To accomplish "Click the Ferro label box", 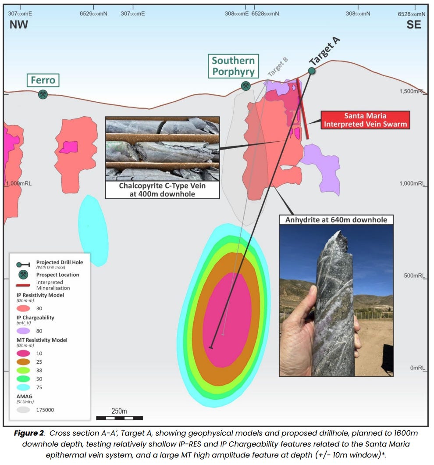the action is coord(43,80).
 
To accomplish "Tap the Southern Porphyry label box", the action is coord(233,66).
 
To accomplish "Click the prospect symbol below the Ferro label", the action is coord(43,94).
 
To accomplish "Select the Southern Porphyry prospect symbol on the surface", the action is coord(246,86).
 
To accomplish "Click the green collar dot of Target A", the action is coord(312,71).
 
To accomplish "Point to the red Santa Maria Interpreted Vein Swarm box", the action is coord(365,120).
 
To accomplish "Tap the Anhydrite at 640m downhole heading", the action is coord(336,219).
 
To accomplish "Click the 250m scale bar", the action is coord(119,417).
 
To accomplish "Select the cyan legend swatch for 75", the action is coord(23,387).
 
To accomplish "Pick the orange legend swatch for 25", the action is coord(23,362).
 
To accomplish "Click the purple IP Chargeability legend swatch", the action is coord(23,331).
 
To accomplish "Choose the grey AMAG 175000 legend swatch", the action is coord(23,410).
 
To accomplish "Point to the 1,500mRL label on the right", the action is coord(412,91).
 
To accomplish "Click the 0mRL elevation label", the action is coord(418,368).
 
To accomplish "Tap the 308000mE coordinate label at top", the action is coord(237,14).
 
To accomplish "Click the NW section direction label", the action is coord(19,25).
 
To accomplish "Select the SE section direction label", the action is coord(413,25).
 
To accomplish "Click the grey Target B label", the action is coord(277,68).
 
